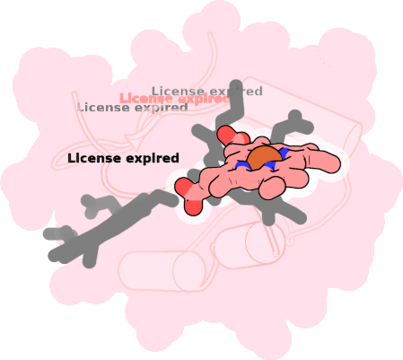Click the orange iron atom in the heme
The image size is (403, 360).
[265, 159]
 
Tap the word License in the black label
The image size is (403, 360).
[94, 158]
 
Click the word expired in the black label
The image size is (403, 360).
[153, 159]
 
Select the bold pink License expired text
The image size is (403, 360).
[173, 99]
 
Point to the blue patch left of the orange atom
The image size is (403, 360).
[241, 164]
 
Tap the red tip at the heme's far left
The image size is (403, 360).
[184, 187]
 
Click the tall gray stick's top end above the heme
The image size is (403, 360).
[236, 85]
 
